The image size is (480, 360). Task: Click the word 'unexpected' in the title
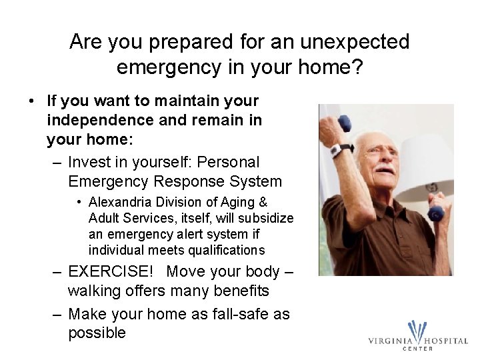coord(355,42)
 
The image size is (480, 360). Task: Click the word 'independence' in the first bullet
coord(99,121)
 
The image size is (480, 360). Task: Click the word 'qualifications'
coord(219,251)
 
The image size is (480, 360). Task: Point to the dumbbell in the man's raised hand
coord(345,123)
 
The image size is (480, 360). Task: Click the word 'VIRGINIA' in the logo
coord(391,341)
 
